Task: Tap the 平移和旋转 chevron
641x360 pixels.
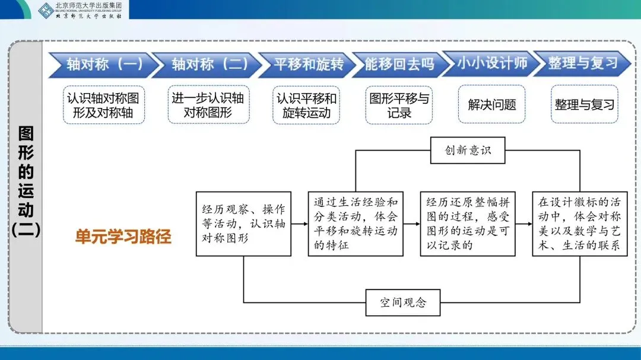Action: (309, 64)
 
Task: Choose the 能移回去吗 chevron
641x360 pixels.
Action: (399, 64)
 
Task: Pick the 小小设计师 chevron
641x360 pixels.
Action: (492, 64)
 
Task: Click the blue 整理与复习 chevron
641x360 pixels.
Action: (582, 64)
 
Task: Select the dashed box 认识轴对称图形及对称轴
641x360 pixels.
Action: (104, 105)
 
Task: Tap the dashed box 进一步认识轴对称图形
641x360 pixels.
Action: (207, 105)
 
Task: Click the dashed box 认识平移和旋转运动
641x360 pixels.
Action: (306, 105)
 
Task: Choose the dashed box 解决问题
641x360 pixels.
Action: (492, 105)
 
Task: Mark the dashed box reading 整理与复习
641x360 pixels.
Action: (585, 105)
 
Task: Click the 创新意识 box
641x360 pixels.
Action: (468, 151)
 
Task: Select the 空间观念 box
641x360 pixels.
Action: (403, 302)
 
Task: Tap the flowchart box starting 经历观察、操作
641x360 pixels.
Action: (243, 224)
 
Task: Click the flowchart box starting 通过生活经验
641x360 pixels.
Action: (355, 224)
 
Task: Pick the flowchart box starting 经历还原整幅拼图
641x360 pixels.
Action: (467, 224)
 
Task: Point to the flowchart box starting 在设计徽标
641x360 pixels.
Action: (579, 224)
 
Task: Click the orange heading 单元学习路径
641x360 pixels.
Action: (123, 237)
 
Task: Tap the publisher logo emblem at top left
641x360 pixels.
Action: (46, 9)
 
